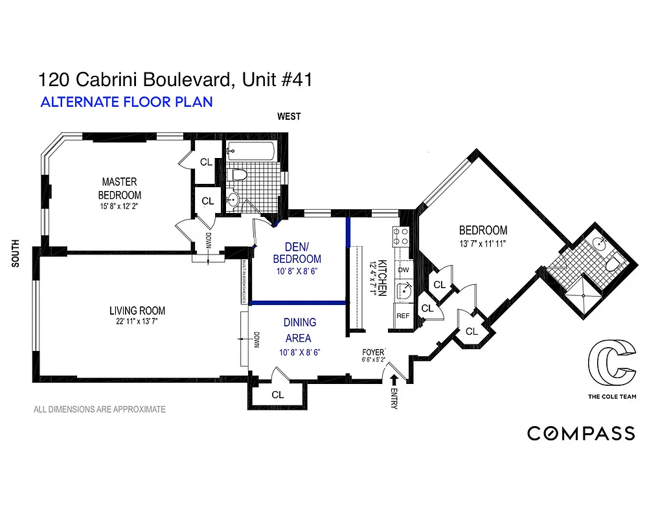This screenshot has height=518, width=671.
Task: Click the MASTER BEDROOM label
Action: (119, 188)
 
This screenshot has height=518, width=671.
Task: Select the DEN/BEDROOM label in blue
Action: (302, 253)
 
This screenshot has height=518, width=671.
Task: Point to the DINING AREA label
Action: (299, 330)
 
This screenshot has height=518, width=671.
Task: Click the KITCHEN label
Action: (382, 278)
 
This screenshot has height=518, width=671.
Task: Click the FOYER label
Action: (374, 352)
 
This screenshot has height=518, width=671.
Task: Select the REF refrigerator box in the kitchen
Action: (403, 316)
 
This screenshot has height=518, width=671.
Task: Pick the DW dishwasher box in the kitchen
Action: (403, 269)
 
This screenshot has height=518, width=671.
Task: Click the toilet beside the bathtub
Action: (239, 174)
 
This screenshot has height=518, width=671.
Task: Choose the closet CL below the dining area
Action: (277, 394)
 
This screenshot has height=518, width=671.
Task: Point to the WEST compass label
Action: (289, 117)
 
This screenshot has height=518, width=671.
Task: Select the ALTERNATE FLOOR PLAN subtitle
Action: (126, 102)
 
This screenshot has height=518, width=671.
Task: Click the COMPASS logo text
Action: (581, 433)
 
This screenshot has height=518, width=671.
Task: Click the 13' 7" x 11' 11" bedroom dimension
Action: (482, 244)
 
